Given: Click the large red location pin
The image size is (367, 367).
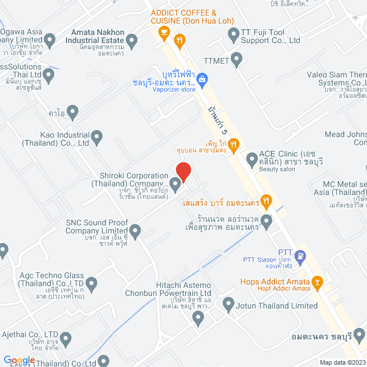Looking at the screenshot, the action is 183,171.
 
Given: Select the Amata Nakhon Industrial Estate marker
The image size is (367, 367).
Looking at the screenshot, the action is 132,40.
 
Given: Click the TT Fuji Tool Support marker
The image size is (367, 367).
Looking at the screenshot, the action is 233,36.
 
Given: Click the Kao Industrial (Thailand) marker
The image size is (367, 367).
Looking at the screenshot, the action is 97,137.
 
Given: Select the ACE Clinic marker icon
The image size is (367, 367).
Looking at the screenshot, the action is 251,158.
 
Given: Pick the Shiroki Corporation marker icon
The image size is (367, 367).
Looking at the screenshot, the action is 176,184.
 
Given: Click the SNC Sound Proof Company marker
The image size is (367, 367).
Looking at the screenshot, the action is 135,232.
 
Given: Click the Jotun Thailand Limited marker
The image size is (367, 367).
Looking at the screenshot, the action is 228,303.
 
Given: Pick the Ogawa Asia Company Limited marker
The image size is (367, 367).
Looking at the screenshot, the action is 50,40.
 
